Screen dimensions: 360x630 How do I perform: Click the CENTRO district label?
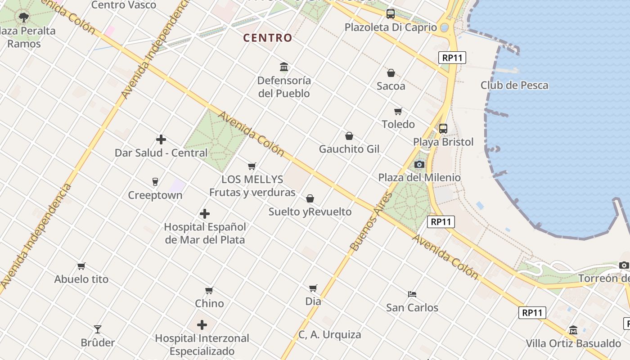[x=268, y=38]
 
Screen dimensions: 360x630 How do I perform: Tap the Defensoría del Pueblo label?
[x=284, y=87]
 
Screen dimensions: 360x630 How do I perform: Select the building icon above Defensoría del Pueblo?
[x=284, y=67]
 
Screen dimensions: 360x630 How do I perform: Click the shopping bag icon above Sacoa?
[x=391, y=72]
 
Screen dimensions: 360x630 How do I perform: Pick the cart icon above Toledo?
[x=398, y=111]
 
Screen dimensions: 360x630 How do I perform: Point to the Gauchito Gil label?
[x=349, y=149]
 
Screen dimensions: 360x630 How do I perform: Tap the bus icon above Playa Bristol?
[x=443, y=128]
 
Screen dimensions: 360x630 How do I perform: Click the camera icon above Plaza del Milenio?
[x=419, y=164]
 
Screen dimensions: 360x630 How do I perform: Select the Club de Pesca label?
[x=514, y=85]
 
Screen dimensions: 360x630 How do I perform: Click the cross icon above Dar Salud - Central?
[x=161, y=139]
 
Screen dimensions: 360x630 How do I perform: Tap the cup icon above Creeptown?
[x=155, y=182]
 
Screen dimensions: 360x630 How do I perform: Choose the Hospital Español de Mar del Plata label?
[x=205, y=233]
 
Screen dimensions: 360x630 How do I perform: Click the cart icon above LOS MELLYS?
[x=252, y=166]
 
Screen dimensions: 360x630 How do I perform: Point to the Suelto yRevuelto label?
[x=310, y=211]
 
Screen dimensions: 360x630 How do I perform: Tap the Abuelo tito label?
[x=81, y=279]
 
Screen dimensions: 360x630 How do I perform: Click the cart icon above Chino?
[x=209, y=290]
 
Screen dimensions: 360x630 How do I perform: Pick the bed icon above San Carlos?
[x=412, y=294]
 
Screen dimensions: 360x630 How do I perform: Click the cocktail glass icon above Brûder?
[x=98, y=329]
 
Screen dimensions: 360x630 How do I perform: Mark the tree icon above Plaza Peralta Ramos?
[x=24, y=18]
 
